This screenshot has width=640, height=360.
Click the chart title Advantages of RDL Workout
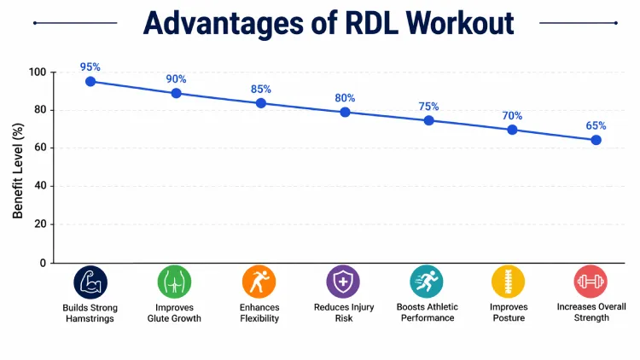point(329,23)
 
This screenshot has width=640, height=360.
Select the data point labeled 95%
point(90,81)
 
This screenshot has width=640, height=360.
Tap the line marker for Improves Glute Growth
point(176,93)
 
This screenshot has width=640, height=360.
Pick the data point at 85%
point(260,103)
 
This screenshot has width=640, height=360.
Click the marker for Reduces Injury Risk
point(345,112)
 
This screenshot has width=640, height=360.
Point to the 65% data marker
point(596,140)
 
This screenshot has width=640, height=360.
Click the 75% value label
point(428,107)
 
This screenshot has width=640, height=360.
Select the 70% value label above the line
point(512,116)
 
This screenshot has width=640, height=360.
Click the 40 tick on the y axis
point(40,186)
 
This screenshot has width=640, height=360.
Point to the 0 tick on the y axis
point(43,263)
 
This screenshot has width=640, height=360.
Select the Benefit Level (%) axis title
point(18,170)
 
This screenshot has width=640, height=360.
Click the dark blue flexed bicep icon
point(90,282)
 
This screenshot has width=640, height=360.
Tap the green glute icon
point(175,282)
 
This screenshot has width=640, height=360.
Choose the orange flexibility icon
point(259,282)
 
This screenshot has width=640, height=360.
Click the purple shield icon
point(343,282)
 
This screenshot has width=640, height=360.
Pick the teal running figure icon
point(427,282)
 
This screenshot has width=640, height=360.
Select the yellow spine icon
point(509,282)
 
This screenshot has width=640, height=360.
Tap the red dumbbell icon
point(591,282)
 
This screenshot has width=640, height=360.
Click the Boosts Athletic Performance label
point(428,312)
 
